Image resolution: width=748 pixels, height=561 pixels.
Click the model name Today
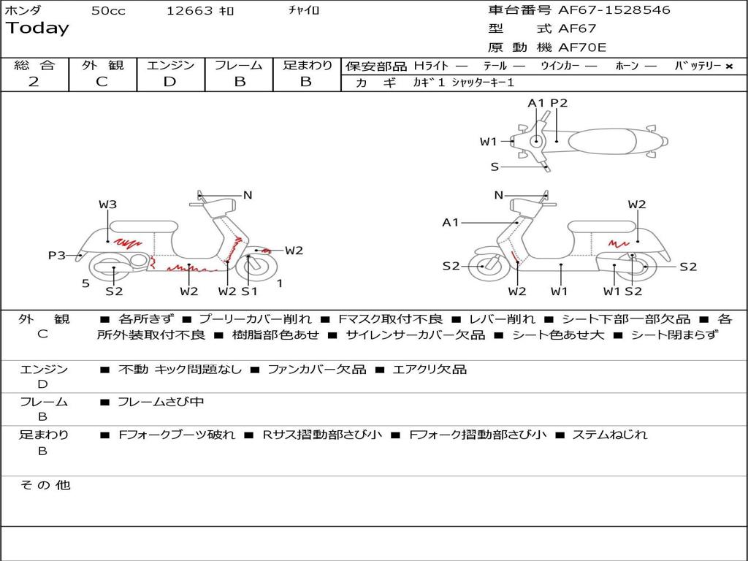click(37, 28)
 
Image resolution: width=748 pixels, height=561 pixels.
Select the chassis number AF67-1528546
click(614, 10)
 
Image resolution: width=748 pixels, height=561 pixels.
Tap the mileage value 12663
click(188, 10)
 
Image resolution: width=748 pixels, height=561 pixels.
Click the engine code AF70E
click(582, 47)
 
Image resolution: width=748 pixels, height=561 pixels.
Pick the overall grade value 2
click(34, 82)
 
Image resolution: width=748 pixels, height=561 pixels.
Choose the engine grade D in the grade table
click(169, 82)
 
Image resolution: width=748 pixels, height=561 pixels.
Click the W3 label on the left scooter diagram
click(108, 205)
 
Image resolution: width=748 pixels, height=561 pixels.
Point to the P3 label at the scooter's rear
click(57, 255)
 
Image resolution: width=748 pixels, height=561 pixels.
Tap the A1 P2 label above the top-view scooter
click(548, 103)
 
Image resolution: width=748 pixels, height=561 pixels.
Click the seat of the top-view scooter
click(602, 142)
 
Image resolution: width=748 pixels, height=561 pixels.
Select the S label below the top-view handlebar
click(495, 167)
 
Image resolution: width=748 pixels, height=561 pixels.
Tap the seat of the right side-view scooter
click(603, 226)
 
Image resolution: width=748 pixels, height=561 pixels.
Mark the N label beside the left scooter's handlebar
click(248, 195)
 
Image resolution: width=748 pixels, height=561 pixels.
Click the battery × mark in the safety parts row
click(729, 66)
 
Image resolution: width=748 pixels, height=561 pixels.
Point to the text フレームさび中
click(161, 402)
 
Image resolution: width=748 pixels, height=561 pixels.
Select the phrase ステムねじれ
click(610, 435)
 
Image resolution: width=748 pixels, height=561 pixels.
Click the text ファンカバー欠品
click(317, 369)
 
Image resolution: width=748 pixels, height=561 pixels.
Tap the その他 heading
click(45, 485)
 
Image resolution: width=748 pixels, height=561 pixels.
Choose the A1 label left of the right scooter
click(450, 222)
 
